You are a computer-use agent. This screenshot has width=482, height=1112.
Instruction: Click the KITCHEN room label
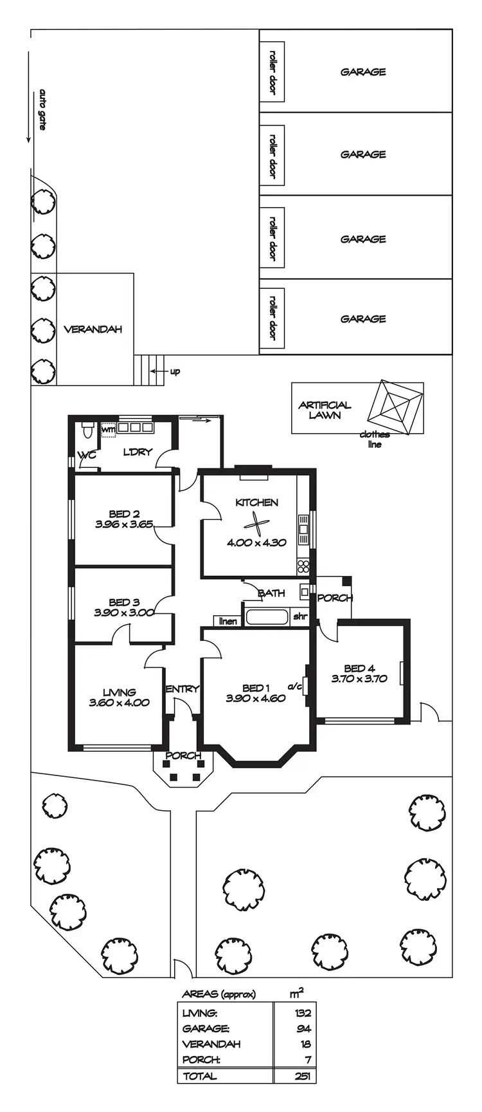pyautogui.click(x=256, y=503)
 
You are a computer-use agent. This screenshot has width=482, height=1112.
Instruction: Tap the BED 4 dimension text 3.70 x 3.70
pyautogui.click(x=359, y=678)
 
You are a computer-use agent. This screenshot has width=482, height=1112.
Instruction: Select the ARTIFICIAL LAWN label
pyautogui.click(x=325, y=410)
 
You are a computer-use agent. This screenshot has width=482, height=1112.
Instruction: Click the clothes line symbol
pyautogui.click(x=393, y=408)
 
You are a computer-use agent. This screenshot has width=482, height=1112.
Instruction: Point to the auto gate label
pyautogui.click(x=43, y=109)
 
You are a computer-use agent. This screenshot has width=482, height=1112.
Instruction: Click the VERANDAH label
pyautogui.click(x=93, y=329)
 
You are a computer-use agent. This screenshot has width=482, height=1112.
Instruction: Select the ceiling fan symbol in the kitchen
pyautogui.click(x=256, y=526)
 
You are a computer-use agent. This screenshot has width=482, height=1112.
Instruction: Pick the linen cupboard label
pyautogui.click(x=228, y=621)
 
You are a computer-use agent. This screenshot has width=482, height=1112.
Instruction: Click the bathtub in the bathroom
pyautogui.click(x=267, y=617)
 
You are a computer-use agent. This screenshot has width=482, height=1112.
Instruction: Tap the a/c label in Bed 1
pyautogui.click(x=295, y=686)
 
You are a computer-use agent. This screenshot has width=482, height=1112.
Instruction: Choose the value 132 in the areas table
pyautogui.click(x=303, y=1013)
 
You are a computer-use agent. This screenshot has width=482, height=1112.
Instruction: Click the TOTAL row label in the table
pyautogui.click(x=200, y=1075)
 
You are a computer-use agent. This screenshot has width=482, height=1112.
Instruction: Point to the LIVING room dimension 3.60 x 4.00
pyautogui.click(x=120, y=703)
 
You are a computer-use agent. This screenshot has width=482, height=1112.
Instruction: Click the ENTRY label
pyautogui.click(x=183, y=689)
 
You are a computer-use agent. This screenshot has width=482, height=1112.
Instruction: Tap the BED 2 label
pyautogui.click(x=124, y=514)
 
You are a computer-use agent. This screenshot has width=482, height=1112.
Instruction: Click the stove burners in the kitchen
pyautogui.click(x=303, y=567)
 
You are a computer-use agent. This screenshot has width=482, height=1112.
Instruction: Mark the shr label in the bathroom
pyautogui.click(x=300, y=616)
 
